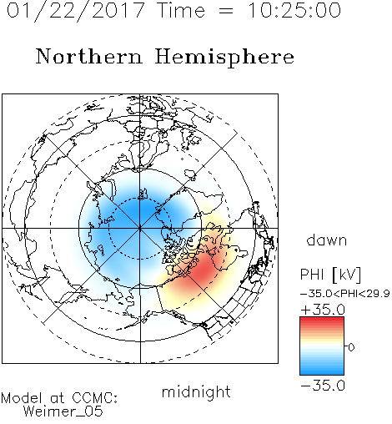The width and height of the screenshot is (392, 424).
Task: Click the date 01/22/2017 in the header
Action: point(76,11)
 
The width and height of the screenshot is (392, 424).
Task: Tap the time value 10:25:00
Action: point(294,10)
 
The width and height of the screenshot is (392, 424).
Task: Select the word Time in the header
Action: point(181,10)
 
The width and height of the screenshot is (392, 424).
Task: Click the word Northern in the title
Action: point(88,56)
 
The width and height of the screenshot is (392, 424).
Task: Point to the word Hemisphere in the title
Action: point(224,58)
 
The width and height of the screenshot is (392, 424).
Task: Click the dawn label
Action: point(327,240)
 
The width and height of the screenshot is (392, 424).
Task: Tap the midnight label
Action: point(196,391)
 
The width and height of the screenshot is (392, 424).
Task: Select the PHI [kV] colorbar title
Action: point(330,275)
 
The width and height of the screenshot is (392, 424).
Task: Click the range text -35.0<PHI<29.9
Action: point(345,293)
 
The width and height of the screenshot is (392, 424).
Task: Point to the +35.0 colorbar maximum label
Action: point(323,310)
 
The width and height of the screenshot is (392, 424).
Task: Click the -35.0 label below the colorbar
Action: point(323,386)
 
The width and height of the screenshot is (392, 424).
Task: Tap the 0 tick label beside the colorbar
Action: point(351,347)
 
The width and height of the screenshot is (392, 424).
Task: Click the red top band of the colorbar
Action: point(322,320)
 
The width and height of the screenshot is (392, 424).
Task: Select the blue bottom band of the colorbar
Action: point(322,371)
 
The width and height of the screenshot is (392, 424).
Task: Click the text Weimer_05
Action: point(63,411)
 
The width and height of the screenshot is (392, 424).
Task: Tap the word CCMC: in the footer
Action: point(94,398)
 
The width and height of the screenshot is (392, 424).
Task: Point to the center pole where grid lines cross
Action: point(140,228)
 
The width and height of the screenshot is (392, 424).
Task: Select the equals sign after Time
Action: point(226,11)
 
